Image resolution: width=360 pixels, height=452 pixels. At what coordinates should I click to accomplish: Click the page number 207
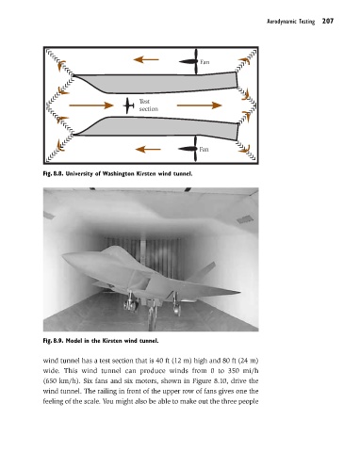[x=328, y=22]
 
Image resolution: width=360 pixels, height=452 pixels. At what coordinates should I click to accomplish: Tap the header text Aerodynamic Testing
[x=290, y=22]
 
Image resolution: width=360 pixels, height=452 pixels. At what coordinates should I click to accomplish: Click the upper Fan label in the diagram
[x=205, y=62]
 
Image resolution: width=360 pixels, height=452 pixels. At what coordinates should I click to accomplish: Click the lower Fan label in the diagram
[x=204, y=149]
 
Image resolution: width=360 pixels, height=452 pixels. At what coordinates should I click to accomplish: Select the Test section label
[x=149, y=105]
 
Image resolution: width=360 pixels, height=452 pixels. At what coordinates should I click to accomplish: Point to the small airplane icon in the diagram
[x=128, y=105]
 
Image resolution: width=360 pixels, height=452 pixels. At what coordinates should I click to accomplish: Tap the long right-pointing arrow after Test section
[x=200, y=105]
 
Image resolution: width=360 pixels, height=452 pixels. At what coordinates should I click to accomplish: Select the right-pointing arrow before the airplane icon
[x=91, y=105]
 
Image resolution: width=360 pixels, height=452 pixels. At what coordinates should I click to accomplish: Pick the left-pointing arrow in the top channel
[x=146, y=59]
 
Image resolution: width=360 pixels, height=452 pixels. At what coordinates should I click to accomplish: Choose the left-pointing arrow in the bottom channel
[x=148, y=149]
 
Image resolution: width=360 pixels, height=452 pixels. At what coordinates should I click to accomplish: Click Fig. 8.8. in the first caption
[x=53, y=173]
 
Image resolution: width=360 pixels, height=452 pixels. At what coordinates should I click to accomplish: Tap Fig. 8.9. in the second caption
[x=53, y=341]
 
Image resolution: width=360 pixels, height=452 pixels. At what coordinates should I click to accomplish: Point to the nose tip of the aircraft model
[x=63, y=256]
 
